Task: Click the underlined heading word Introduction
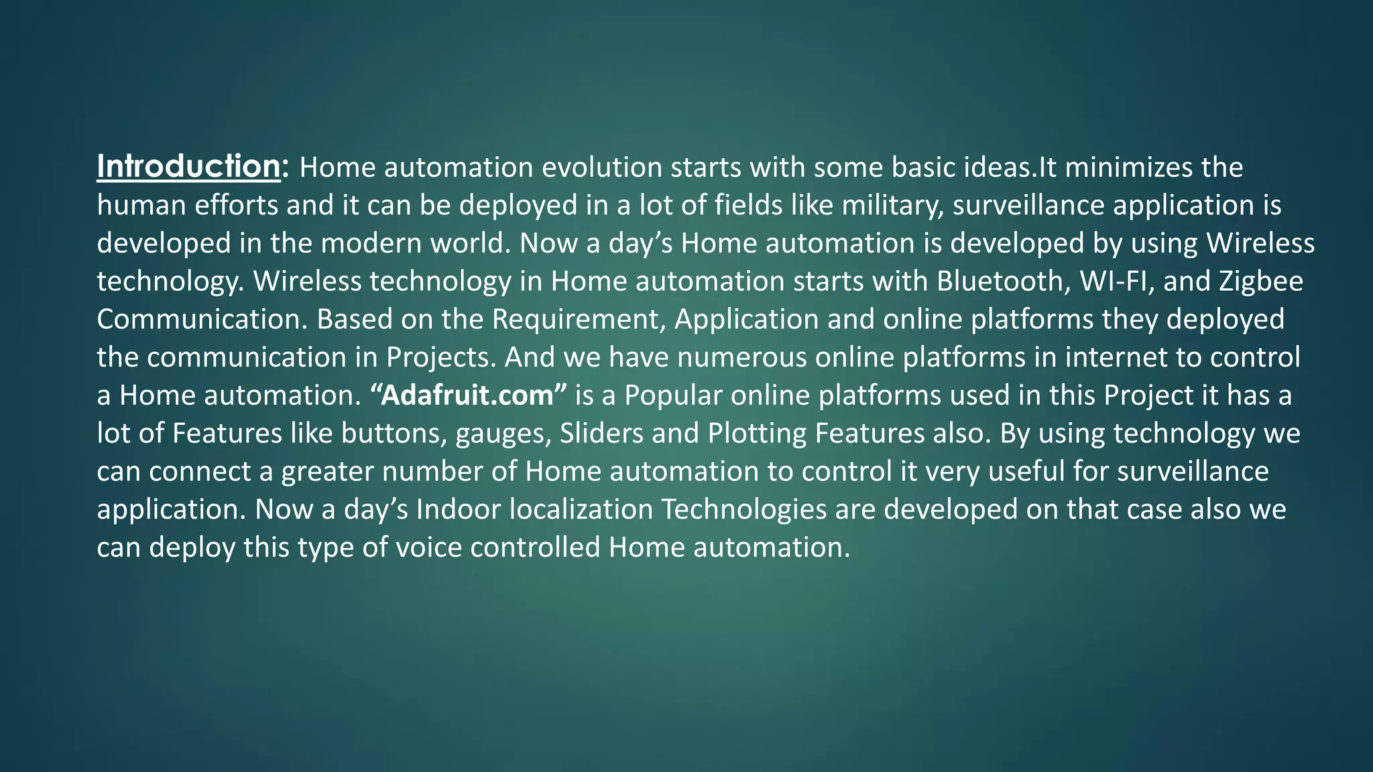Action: coord(188,166)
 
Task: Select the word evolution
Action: coord(601,167)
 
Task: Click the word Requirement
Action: coord(576,319)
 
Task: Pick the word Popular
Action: coord(673,395)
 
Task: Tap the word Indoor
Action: coord(459,509)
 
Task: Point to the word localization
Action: coord(581,509)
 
